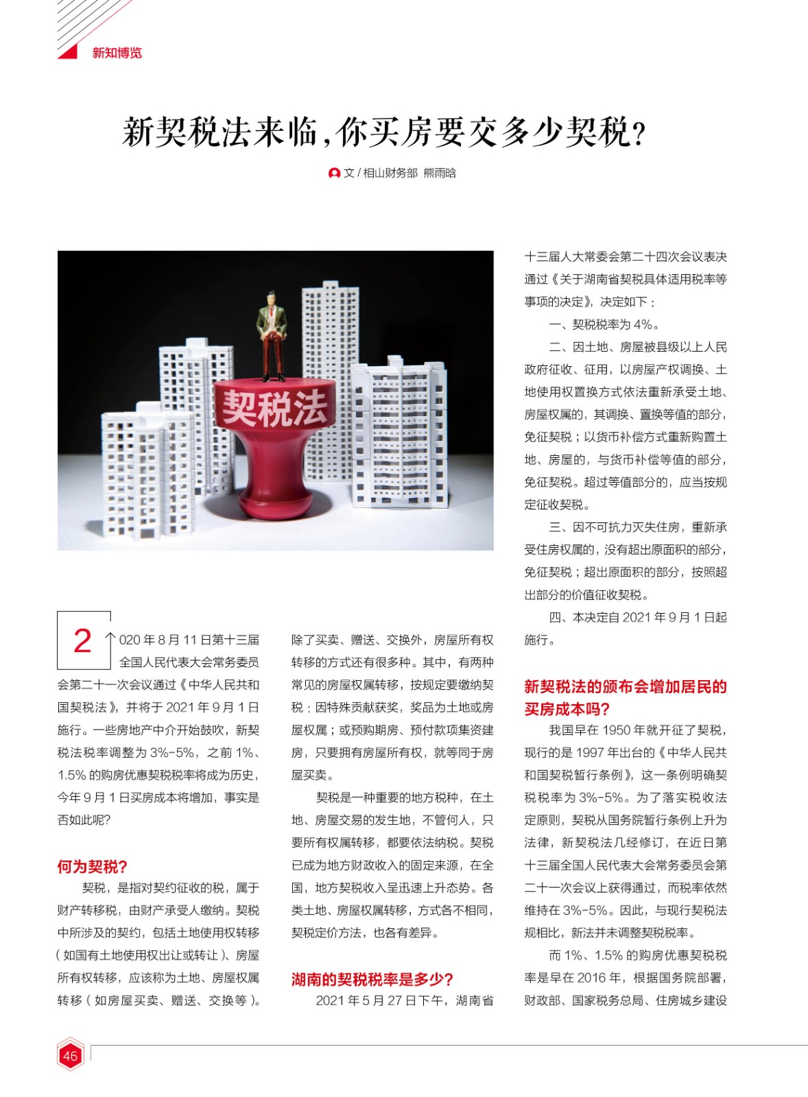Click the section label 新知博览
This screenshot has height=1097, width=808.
click(x=117, y=53)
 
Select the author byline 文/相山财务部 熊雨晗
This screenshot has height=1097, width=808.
click(x=399, y=173)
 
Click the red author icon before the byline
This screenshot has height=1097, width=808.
click(x=335, y=173)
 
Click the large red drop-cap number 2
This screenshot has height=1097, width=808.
click(x=82, y=640)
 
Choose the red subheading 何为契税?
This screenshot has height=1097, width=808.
click(x=93, y=867)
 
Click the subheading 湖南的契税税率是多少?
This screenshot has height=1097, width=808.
click(x=372, y=979)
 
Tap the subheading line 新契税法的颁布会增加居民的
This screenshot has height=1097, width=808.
click(x=626, y=687)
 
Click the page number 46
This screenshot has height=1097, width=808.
click(x=70, y=1055)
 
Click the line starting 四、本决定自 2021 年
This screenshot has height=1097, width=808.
click(x=638, y=617)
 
